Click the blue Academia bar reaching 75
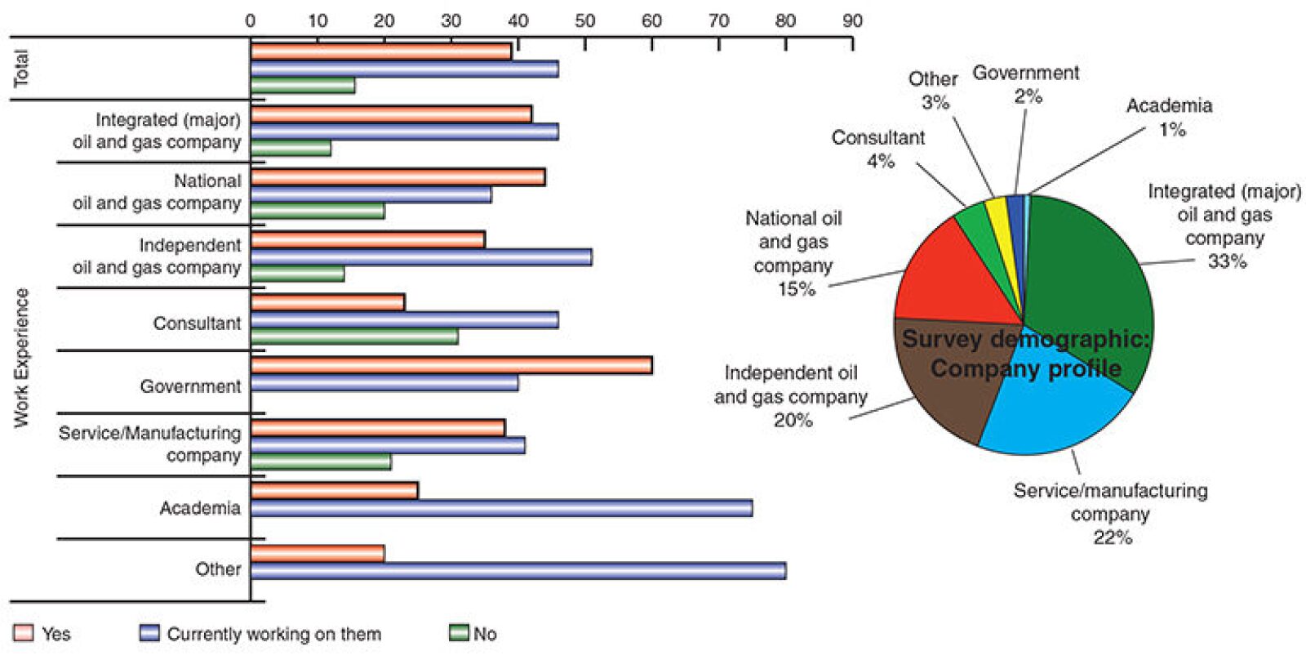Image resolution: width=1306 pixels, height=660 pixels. coord(501,509)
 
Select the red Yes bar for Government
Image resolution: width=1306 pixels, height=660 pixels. coord(451,365)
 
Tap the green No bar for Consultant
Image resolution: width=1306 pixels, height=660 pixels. coord(354,337)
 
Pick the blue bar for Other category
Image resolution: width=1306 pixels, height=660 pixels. coord(518,571)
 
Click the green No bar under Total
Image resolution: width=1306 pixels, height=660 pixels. coord(302,86)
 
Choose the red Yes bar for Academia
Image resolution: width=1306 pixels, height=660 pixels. coord(334,491)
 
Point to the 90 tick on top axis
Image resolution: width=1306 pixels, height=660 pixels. coord(852,21)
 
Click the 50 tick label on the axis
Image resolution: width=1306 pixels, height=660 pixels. coord(584,21)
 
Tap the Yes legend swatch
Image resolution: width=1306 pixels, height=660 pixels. coord(24,633)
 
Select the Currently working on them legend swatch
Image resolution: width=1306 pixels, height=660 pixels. coord(149,633)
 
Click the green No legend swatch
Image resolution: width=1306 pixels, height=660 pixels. coord(459,633)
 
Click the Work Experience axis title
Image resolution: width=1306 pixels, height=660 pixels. coord(21,358)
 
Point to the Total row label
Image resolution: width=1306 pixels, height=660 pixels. coord(21,69)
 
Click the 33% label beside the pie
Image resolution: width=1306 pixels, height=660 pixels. coord(1227,261)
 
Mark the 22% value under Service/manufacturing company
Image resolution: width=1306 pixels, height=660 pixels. coord(1112,537)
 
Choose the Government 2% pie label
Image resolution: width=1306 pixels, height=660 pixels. coord(1026,84)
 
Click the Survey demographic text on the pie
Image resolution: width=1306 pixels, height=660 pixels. coord(1025,339)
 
